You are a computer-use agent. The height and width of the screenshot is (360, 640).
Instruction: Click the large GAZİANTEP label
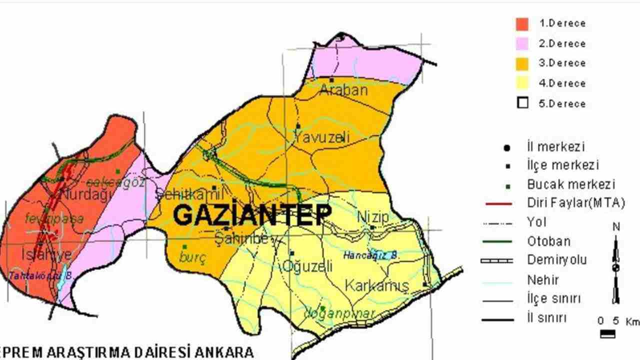click(x=252, y=215)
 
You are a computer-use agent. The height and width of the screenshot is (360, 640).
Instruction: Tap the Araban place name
click(x=343, y=90)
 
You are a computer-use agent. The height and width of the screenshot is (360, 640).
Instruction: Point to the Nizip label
click(x=373, y=217)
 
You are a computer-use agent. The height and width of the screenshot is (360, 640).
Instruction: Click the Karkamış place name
click(x=377, y=286)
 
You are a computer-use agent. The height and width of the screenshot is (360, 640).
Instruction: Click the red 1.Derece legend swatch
click(x=522, y=23)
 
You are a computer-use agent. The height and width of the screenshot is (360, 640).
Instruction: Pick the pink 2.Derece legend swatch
click(x=522, y=43)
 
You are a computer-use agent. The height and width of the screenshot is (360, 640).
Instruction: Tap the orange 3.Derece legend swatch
click(x=522, y=63)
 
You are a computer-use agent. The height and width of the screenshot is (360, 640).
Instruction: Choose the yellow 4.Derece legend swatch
click(x=522, y=83)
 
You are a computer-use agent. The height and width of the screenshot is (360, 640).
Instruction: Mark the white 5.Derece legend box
click(x=522, y=103)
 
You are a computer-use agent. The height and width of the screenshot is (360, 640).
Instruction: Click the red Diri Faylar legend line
click(x=498, y=203)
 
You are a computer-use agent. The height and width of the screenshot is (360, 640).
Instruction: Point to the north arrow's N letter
click(x=616, y=227)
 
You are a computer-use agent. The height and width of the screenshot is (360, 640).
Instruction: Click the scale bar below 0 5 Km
click(x=607, y=334)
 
